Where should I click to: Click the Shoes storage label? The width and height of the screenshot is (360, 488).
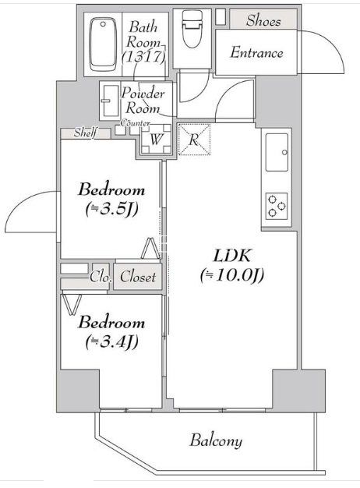point(263,21)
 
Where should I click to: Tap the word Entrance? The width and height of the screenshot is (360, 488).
point(256,52)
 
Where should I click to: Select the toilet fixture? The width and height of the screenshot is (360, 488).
point(192,29)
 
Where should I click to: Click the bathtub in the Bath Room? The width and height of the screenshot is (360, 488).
point(103,44)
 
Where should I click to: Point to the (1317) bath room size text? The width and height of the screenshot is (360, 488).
point(143,57)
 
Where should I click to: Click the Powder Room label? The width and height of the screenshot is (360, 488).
point(143,101)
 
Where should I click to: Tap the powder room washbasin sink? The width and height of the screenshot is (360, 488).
point(109,101)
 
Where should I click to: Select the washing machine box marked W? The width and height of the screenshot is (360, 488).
point(156,139)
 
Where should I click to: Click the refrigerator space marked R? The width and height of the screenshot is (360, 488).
point(194,140)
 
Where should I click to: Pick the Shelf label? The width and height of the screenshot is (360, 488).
point(86,133)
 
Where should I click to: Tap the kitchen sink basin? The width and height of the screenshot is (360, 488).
point(277,152)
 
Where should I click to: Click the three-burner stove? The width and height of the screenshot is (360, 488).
point(277,205)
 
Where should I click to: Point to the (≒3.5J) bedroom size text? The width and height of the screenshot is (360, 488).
point(111,209)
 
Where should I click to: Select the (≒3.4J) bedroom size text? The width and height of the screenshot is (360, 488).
point(111,341)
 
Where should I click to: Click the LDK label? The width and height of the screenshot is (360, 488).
point(231,256)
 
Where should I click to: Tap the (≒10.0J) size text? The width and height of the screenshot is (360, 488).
point(232,275)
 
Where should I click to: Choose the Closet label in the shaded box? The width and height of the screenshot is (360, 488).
point(138,277)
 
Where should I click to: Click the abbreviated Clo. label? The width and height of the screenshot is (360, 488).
point(101,277)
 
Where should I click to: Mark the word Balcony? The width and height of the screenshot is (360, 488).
point(216,441)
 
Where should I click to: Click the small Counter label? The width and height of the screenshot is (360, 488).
point(136,123)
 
